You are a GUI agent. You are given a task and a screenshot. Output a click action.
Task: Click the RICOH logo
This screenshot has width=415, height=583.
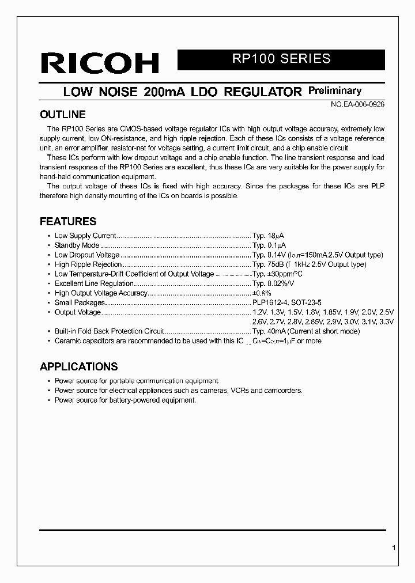click(x=99, y=63)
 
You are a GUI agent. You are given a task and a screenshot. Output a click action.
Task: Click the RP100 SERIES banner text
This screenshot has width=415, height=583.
click(x=281, y=59)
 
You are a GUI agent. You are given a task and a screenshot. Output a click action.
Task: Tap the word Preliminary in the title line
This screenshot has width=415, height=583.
click(x=335, y=90)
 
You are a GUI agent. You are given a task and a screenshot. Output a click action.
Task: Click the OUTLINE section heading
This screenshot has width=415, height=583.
click(x=62, y=114)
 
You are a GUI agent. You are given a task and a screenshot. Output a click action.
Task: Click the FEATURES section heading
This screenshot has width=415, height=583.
click(x=67, y=221)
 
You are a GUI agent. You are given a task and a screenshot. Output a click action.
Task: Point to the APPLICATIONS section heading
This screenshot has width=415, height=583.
click(x=78, y=366)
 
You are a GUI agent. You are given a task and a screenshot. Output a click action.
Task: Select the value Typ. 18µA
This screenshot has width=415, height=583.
click(x=268, y=236)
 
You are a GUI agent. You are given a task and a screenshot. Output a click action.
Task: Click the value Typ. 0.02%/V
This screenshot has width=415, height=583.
click(x=273, y=283)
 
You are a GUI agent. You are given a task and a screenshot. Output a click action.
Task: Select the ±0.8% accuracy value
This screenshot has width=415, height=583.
click(x=262, y=293)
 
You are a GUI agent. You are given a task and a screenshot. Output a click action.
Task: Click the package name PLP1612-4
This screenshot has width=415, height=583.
click(x=268, y=302)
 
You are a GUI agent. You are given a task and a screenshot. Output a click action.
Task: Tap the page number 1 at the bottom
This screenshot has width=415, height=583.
click(x=393, y=548)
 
